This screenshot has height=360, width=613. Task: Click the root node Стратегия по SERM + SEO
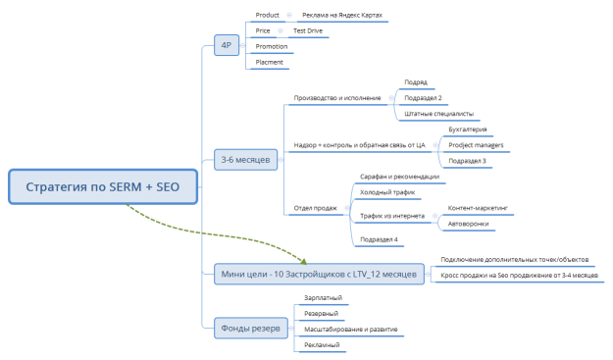[104, 186]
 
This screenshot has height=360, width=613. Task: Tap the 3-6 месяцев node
[245, 159]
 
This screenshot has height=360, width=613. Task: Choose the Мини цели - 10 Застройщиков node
[319, 274]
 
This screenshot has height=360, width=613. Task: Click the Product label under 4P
[268, 16]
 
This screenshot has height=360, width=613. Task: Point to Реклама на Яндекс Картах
[342, 16]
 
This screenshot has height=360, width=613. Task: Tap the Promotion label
[272, 46]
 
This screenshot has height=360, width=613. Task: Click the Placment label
[270, 62]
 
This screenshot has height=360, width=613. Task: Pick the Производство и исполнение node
[337, 98]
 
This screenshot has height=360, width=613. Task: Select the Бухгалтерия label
[467, 129]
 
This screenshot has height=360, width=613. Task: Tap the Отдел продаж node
[316, 208]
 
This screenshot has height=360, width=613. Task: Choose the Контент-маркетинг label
[484, 208]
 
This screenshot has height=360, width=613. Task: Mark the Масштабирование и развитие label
[350, 329]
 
